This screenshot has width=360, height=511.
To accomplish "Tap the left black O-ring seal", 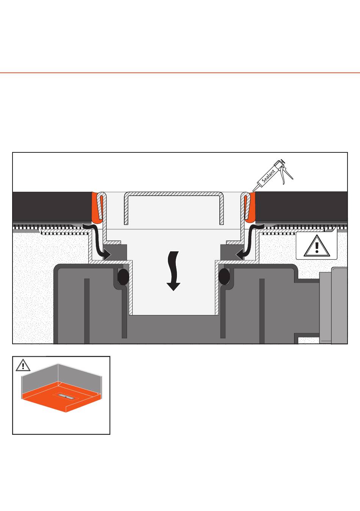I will [122, 277].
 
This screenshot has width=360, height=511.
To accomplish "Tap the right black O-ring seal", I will [224, 277].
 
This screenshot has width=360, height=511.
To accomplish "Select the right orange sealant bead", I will [250, 207].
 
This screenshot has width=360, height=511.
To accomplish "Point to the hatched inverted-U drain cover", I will [174, 195].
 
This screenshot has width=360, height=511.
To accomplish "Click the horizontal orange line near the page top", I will [180, 72].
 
